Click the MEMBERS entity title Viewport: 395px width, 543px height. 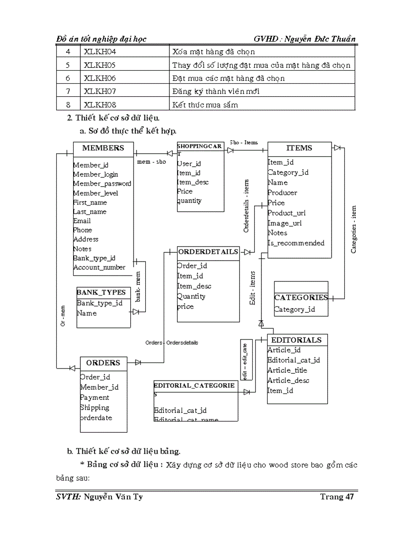[103, 148]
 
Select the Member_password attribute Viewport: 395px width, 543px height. [102, 184]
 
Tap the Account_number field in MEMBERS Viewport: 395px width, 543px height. [99, 267]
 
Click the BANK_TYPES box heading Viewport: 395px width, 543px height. [101, 293]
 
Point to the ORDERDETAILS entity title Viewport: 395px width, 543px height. [208, 252]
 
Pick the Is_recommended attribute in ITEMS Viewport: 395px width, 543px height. [296, 243]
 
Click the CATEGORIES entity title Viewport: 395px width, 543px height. [301, 298]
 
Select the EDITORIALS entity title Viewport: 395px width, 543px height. [296, 340]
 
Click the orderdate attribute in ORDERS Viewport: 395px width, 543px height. [96, 418]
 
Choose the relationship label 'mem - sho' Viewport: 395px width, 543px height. [152, 162]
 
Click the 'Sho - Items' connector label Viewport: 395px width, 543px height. [243, 143]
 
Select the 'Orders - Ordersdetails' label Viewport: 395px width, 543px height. [172, 343]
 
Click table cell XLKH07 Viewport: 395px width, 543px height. [100, 91]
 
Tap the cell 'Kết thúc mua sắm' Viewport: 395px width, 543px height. [205, 104]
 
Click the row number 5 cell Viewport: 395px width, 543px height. [68, 65]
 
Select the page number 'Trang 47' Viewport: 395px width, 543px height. [337, 497]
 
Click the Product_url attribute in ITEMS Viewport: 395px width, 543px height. [287, 213]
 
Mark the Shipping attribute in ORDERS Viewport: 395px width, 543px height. [94, 408]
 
